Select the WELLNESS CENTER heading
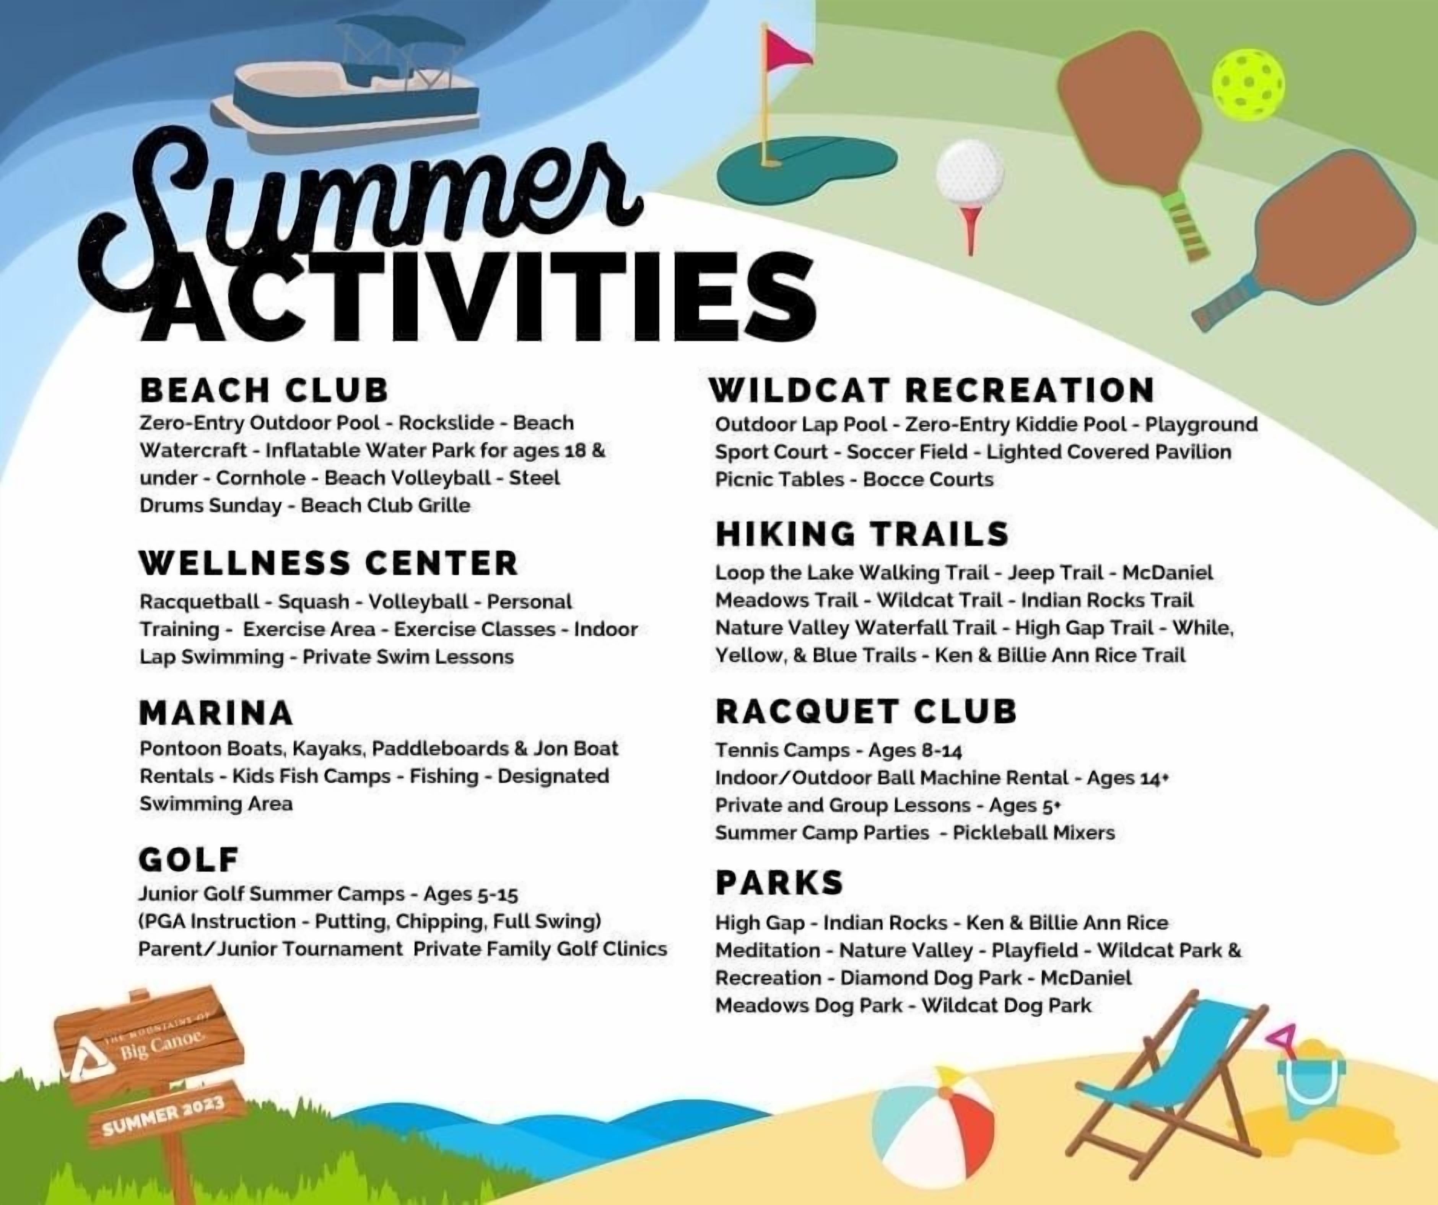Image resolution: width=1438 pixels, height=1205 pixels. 329,563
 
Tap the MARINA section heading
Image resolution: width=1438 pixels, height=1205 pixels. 216,713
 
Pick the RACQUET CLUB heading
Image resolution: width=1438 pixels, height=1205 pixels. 866,711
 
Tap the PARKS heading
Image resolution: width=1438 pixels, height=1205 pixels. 779,882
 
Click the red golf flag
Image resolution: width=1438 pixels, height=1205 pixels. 787,49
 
